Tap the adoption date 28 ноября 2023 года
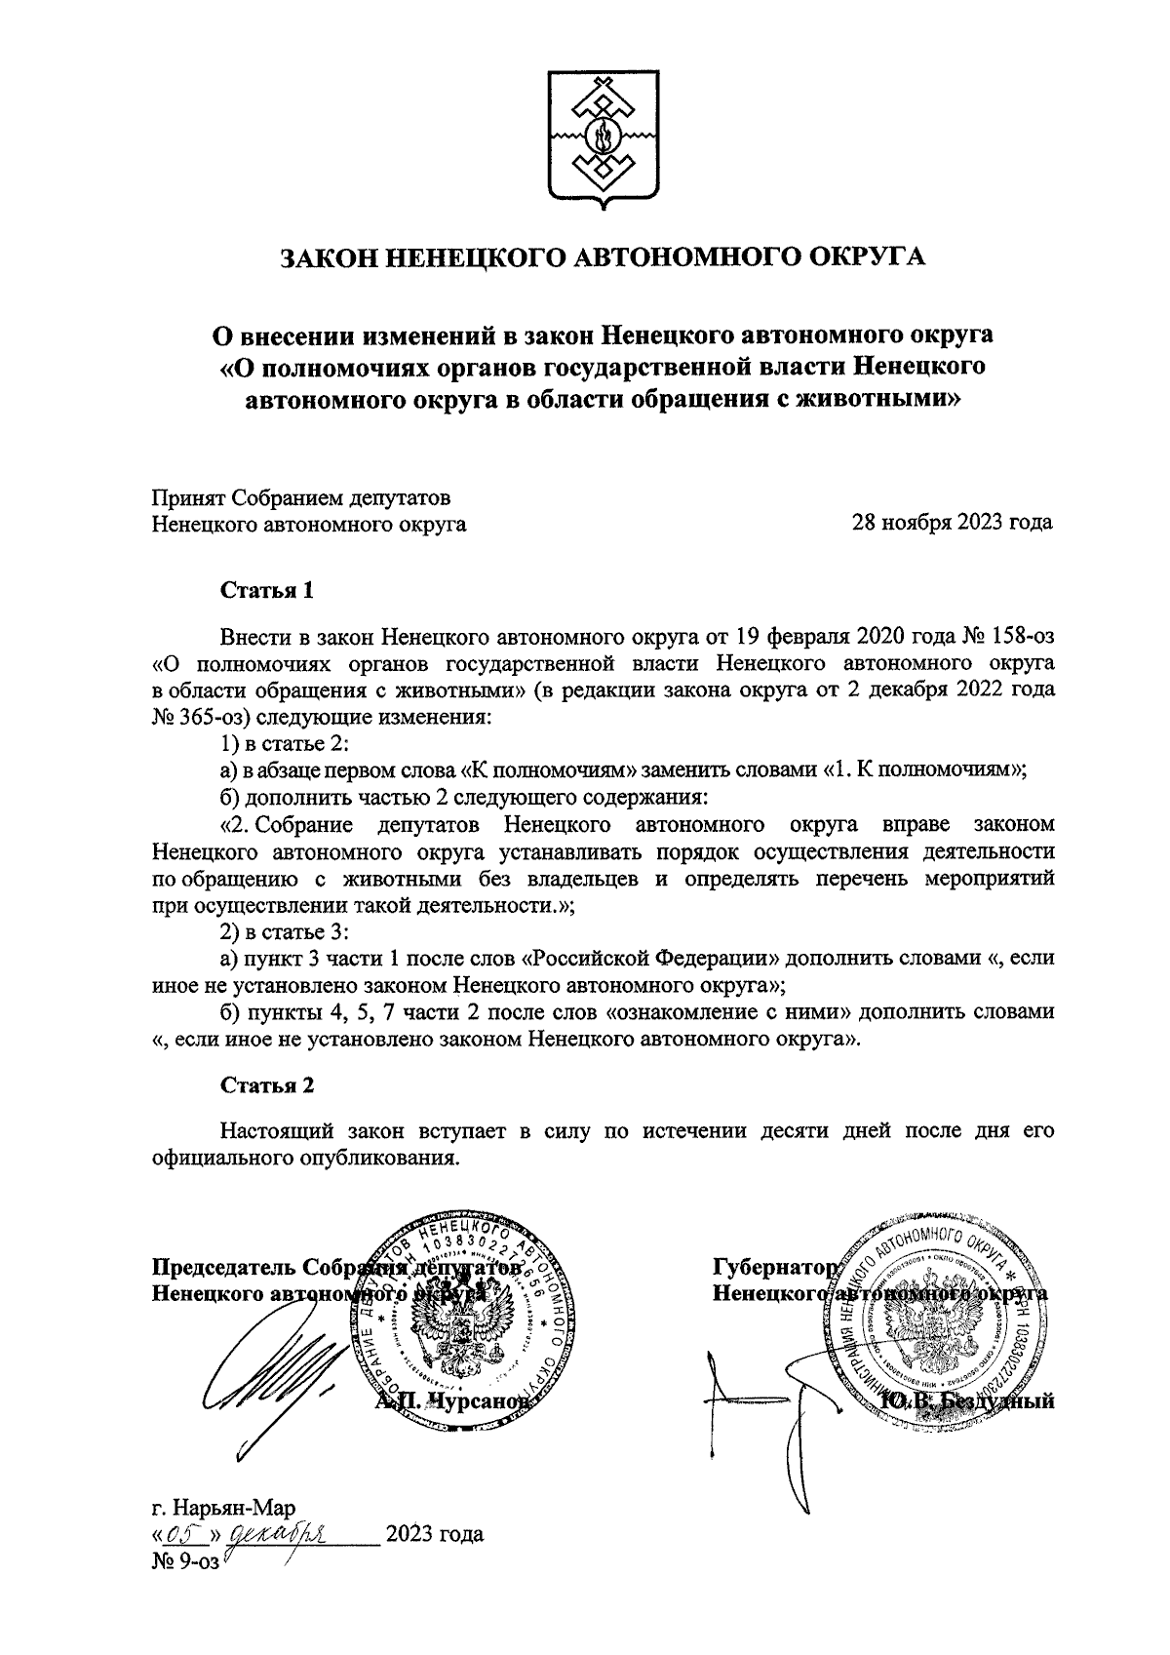tap(953, 523)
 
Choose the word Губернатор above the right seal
tap(775, 1268)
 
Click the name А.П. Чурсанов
tap(453, 1401)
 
